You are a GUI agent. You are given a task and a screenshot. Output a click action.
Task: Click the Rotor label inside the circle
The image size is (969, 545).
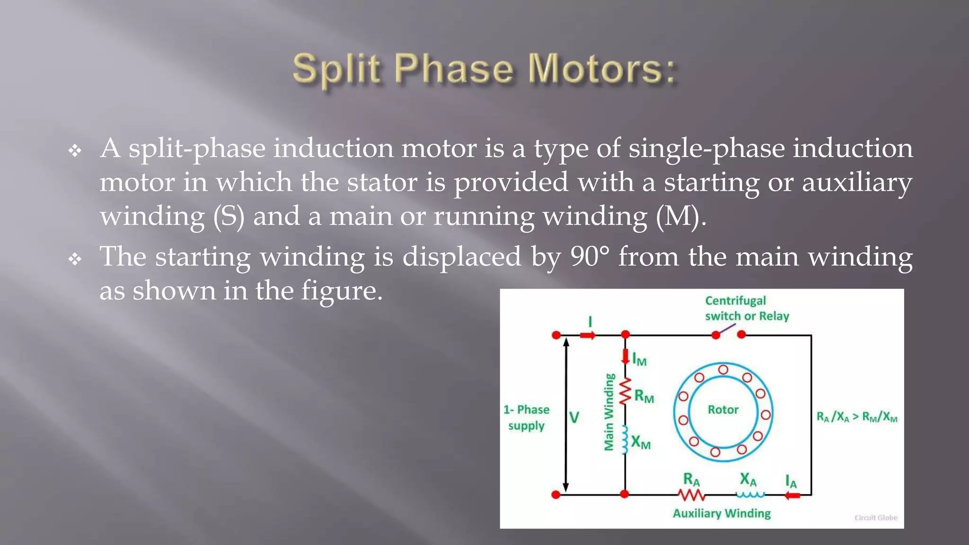click(722, 410)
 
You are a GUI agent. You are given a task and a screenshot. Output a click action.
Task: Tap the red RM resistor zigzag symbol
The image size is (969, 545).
click(625, 391)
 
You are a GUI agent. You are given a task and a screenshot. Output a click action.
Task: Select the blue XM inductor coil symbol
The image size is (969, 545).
click(625, 440)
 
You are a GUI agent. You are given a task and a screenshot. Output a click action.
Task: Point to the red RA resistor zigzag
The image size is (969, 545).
click(691, 495)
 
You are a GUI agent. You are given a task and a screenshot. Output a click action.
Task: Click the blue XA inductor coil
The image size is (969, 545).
click(750, 495)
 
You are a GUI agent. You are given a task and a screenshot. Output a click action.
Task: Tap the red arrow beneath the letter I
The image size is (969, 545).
click(588, 335)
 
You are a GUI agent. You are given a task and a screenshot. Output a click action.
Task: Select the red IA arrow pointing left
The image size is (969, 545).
click(793, 495)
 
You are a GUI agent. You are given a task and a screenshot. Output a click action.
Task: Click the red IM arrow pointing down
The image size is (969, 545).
click(625, 356)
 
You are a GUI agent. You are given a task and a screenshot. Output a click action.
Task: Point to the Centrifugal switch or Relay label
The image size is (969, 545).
click(747, 308)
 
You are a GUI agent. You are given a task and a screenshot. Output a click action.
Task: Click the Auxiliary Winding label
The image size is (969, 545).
click(722, 513)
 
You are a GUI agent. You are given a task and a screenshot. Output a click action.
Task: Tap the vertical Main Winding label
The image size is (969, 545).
click(609, 412)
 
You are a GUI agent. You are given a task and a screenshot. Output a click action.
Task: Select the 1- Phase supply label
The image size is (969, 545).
click(526, 417)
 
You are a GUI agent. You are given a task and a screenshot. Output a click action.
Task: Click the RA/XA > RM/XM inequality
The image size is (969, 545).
click(856, 417)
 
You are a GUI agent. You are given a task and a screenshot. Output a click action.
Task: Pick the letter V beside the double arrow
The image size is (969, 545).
click(574, 417)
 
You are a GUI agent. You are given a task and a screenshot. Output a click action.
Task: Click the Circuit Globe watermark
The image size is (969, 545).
click(875, 518)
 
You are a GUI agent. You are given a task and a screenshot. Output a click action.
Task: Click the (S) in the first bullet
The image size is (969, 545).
click(229, 216)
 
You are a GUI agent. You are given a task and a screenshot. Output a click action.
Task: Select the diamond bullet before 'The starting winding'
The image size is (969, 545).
click(75, 259)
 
